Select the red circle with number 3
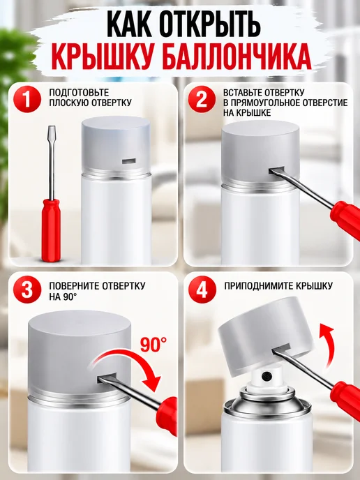point(27,290)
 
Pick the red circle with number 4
point(202,290)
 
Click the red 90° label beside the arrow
point(153,344)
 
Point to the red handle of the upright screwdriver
point(50,230)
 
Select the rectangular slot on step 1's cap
point(128,160)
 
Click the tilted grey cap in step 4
point(265,333)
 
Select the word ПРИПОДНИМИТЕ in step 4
point(259,286)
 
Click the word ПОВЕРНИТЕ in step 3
point(75,285)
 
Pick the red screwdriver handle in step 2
point(345,218)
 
